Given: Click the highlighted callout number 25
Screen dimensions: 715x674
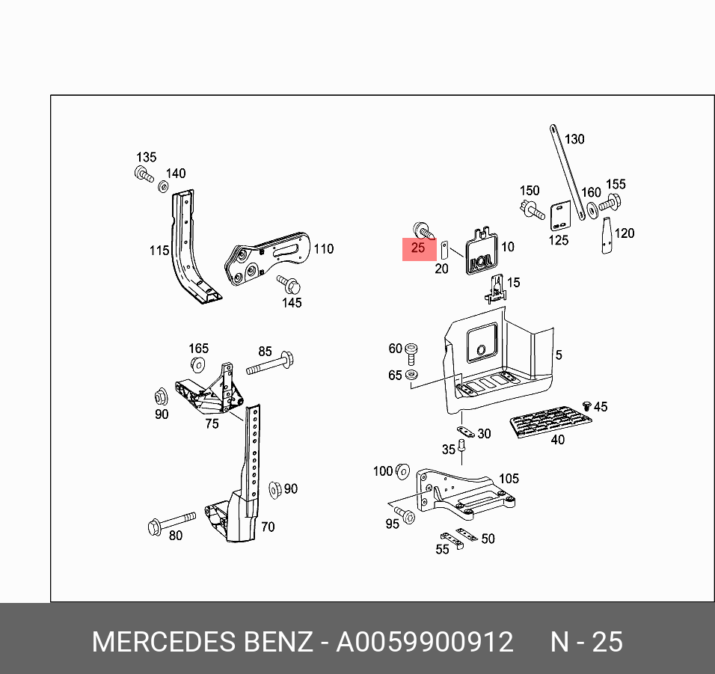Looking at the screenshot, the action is [418, 248].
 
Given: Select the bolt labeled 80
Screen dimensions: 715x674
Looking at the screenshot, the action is [173, 521].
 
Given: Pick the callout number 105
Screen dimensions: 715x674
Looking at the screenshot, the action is [508, 479].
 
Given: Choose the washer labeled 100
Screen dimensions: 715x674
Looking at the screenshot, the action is [402, 471].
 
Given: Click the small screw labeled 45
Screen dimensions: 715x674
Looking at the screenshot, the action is [587, 405].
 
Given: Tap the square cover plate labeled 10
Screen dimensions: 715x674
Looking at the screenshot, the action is [477, 251].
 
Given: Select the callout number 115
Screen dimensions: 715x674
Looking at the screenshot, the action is [159, 250].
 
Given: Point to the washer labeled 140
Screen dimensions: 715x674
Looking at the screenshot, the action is [164, 184].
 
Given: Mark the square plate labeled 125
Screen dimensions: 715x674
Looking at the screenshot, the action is [559, 217].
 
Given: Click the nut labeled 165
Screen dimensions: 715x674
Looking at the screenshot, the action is [197, 365].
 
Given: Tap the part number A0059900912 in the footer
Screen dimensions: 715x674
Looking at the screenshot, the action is [425, 642].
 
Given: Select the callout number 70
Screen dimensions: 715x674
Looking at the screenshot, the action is [268, 527].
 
